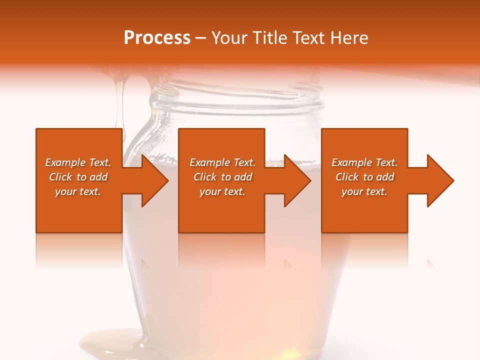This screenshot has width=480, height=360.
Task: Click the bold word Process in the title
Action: point(157,37)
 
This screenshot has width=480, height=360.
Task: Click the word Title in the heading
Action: point(269,37)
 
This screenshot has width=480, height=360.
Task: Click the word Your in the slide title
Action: point(229,37)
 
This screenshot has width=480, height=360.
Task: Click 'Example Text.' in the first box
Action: point(78,162)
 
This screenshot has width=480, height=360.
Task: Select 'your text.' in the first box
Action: point(78,191)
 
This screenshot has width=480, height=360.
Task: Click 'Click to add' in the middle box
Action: point(222,177)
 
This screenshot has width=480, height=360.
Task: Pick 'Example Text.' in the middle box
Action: point(222,162)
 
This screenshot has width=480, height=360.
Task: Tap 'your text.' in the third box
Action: point(364,191)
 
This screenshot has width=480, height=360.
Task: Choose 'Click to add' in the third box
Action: point(364,177)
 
